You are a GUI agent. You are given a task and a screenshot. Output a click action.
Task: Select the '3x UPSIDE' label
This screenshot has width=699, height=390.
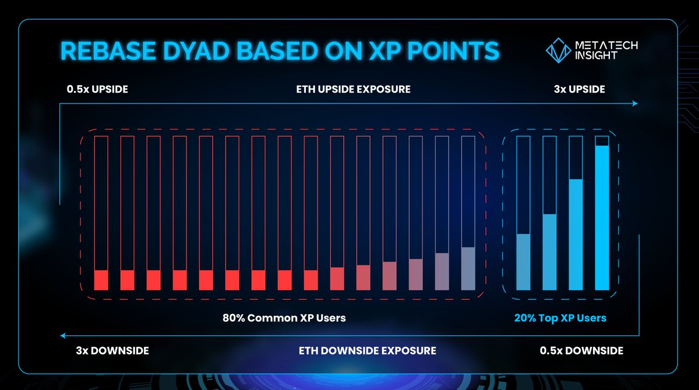(579, 90)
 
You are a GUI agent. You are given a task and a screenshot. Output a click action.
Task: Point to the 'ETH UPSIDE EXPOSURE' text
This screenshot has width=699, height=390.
(354, 90)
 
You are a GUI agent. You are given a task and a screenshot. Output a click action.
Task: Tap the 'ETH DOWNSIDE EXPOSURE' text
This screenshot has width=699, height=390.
(368, 351)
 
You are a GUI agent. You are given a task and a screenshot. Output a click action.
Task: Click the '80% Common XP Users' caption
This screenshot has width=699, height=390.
(284, 318)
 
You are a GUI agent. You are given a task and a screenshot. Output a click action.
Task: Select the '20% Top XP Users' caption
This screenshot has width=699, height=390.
(560, 318)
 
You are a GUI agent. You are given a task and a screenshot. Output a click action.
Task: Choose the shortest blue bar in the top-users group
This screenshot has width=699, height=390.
(523, 261)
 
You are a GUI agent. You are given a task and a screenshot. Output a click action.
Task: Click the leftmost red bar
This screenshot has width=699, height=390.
(101, 280)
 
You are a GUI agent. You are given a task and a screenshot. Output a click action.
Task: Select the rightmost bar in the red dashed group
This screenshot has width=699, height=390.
(468, 268)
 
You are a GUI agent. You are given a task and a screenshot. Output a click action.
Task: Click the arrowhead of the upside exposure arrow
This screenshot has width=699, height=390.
(635, 104)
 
